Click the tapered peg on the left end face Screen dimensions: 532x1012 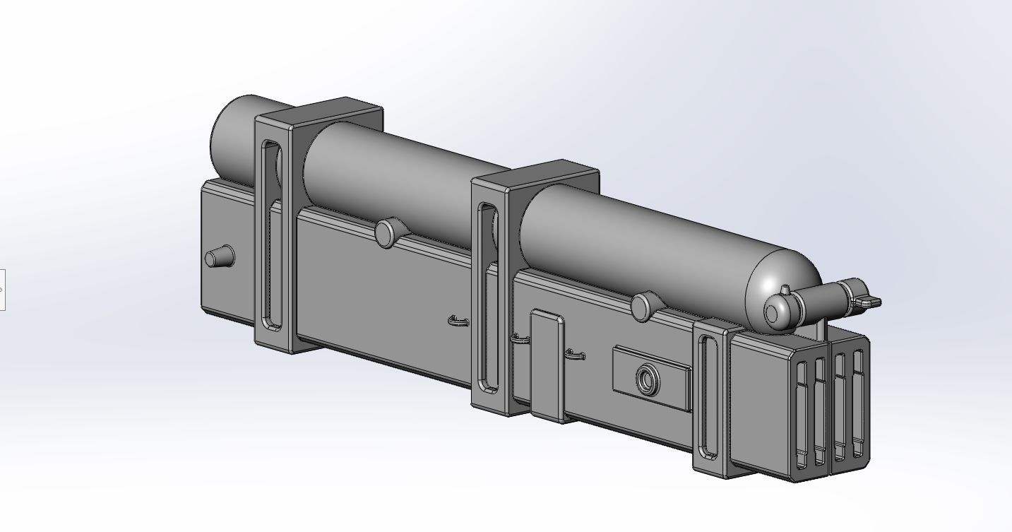click(218, 257)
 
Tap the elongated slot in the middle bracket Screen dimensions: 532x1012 click(488, 297)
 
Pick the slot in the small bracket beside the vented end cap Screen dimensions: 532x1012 click(709, 396)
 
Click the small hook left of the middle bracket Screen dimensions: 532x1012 click(458, 321)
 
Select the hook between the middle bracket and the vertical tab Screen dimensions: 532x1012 click(519, 340)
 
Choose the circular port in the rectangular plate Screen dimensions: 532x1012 click(647, 380)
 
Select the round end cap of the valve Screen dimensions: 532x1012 click(776, 313)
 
